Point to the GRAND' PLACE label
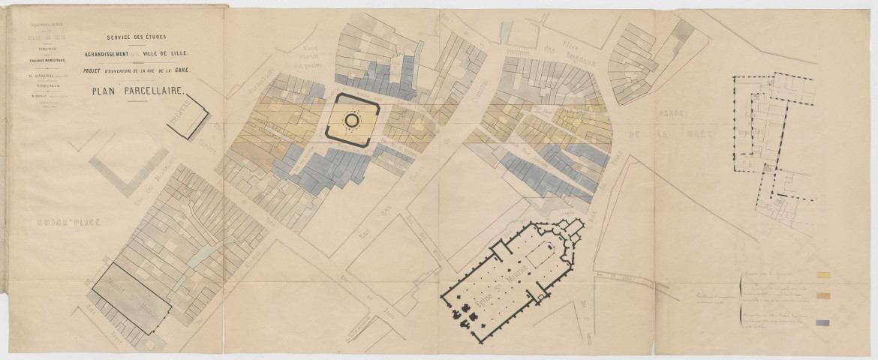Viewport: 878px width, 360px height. [63, 223]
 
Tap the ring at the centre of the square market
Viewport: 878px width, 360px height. [352, 119]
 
